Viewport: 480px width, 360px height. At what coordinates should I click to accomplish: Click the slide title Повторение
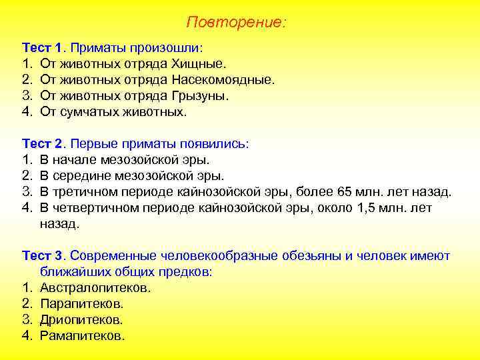point(236,23)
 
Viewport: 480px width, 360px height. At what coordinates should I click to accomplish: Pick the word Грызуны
point(200,97)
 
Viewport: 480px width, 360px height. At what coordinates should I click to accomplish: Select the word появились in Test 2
point(214,144)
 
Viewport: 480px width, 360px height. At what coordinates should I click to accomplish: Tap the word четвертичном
point(93,209)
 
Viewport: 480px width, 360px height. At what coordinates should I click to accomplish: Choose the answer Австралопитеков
point(95,288)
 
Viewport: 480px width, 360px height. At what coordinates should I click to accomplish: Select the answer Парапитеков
point(82,304)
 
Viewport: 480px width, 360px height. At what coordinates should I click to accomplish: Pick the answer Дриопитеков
point(81,320)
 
